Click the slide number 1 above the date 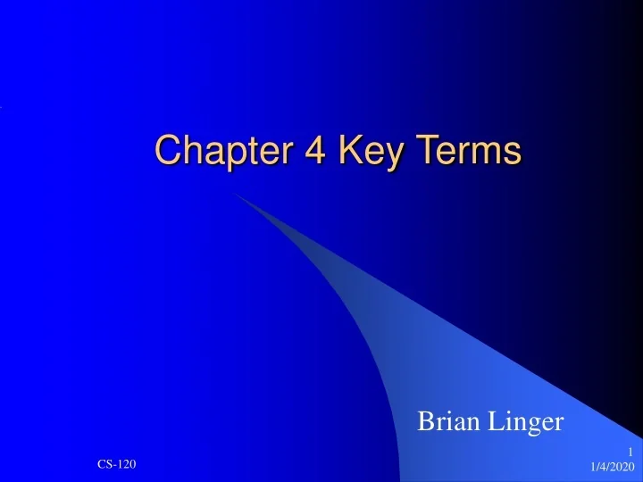point(630,451)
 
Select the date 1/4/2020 point(613,467)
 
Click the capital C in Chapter point(166,149)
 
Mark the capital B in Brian point(426,421)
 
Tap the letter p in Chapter point(226,154)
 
